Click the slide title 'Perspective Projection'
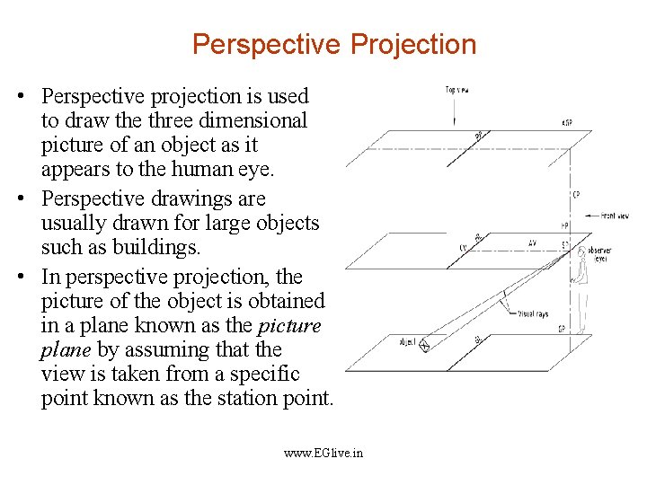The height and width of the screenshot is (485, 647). point(334,44)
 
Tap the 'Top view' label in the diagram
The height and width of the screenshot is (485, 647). point(457,89)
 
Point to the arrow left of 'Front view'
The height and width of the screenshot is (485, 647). point(593,216)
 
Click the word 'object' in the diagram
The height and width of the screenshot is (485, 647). point(407,342)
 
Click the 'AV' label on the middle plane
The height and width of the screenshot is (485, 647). point(532,242)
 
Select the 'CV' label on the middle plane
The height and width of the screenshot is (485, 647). point(463,248)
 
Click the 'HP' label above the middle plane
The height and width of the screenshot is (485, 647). point(564,225)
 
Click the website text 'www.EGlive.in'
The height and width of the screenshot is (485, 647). point(323,454)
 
